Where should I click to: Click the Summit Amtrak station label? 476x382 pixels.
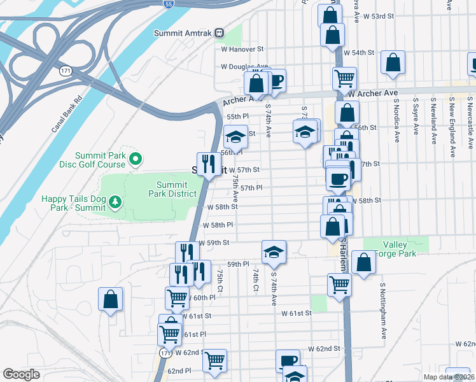[183, 32]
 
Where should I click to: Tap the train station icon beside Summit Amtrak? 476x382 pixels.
[219, 32]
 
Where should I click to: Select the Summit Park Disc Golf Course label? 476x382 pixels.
[101, 160]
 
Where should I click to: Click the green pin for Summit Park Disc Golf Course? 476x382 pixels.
[135, 159]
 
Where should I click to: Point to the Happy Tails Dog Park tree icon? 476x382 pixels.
[115, 202]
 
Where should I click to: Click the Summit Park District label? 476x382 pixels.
[172, 189]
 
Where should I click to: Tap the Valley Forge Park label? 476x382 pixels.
[399, 249]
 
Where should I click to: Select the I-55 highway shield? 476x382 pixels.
[168, 4]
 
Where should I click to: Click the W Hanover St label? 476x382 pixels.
[242, 49]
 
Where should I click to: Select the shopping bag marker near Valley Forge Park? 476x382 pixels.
[363, 262]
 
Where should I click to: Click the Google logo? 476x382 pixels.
[21, 375]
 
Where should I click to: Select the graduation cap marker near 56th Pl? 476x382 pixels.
[235, 136]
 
